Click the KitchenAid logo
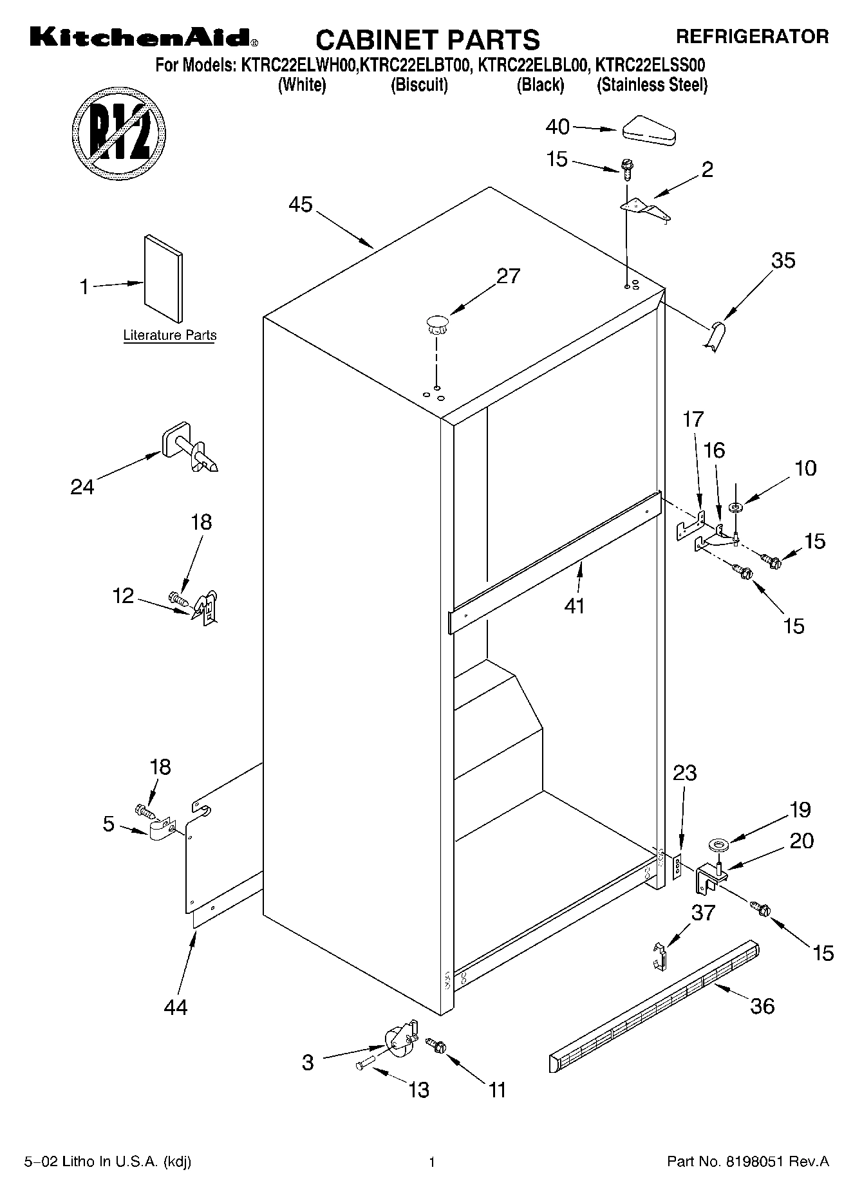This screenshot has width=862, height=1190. point(144,38)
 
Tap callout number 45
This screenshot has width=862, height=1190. point(300,205)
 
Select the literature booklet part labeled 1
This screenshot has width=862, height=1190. point(163,277)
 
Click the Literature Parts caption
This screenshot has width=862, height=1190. point(169,335)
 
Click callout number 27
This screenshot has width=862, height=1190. point(508,276)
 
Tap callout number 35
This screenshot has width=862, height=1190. point(783,261)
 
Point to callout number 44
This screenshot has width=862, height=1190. point(175,1007)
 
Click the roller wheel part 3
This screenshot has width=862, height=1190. point(399,1041)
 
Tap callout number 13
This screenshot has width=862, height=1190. point(418,1090)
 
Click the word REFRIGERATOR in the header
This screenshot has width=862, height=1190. point(752,37)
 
